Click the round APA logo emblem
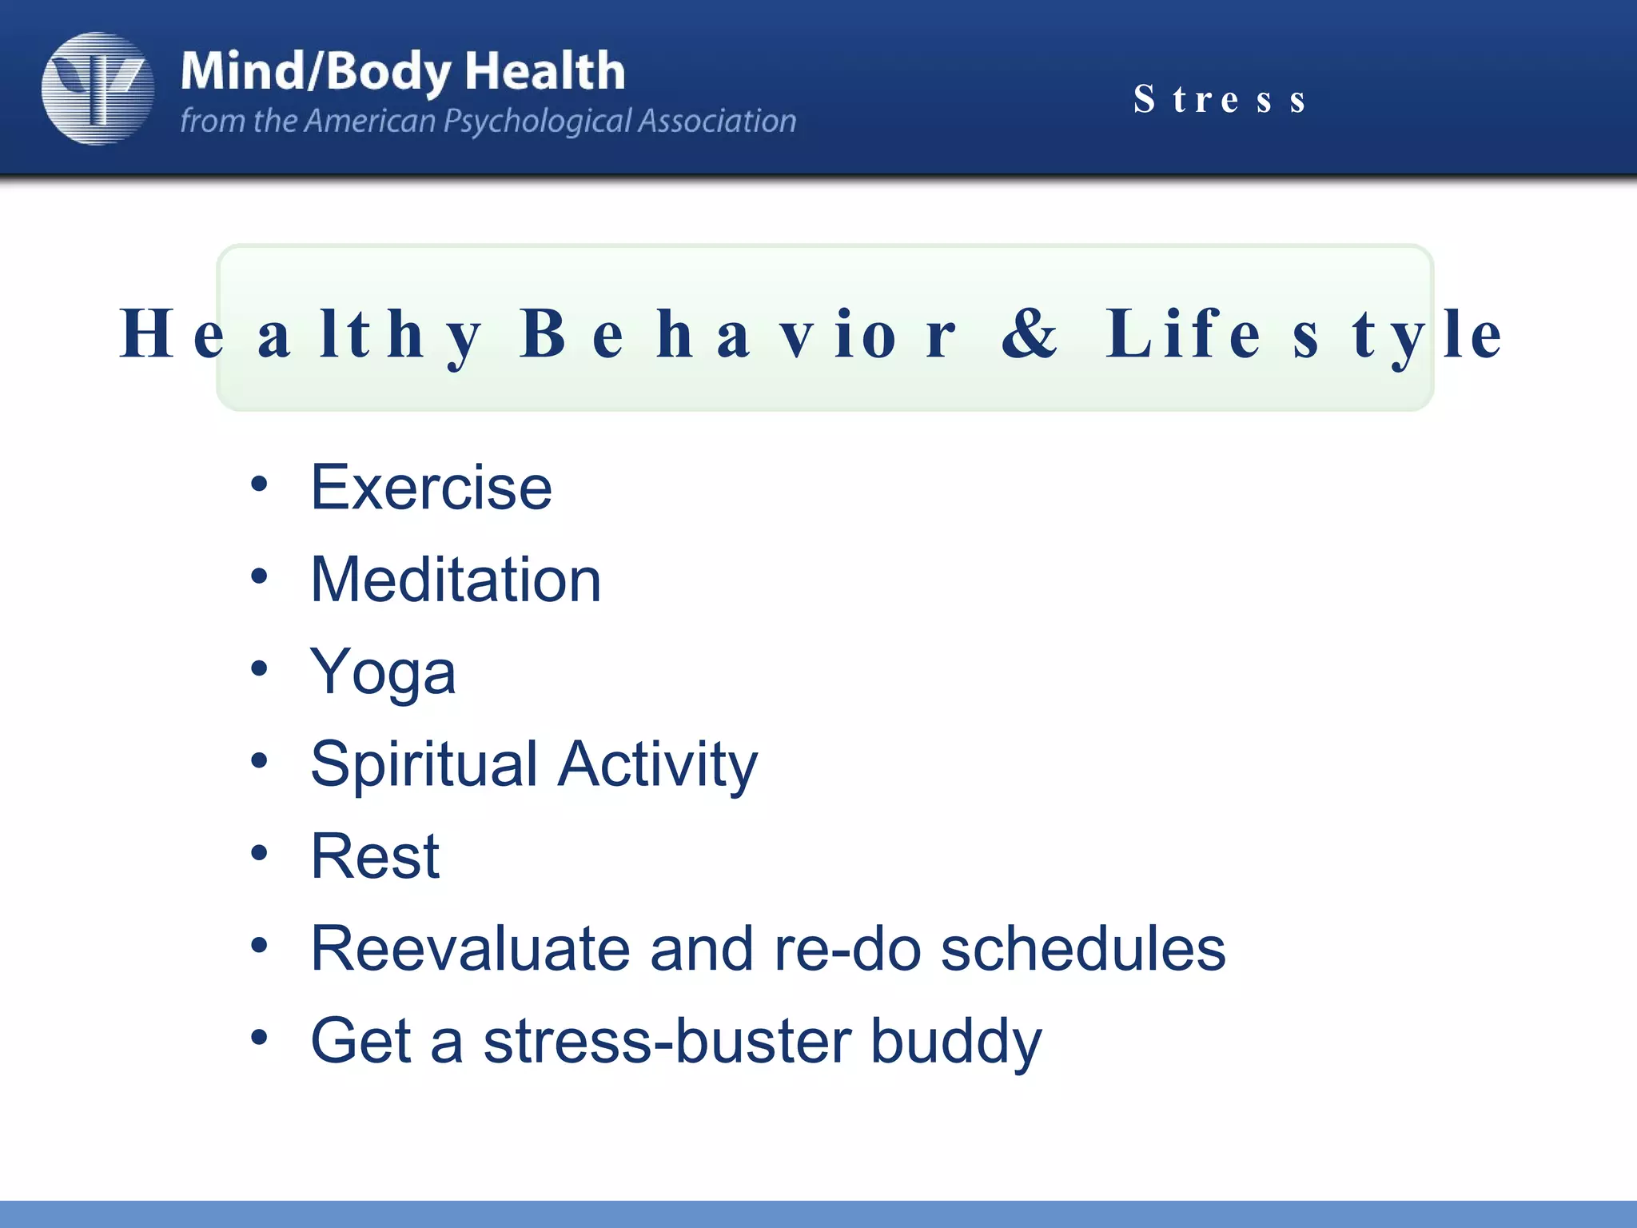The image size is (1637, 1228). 98,89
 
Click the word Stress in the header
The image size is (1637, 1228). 1220,100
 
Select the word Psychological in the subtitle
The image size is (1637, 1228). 536,122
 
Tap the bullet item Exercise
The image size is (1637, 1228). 431,487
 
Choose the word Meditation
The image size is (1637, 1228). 455,580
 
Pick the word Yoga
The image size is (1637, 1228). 383,672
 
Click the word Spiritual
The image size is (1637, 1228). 424,764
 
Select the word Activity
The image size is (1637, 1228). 657,764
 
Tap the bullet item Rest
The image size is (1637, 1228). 375,856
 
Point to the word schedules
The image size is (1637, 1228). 1082,949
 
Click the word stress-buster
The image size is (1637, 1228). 667,1041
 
